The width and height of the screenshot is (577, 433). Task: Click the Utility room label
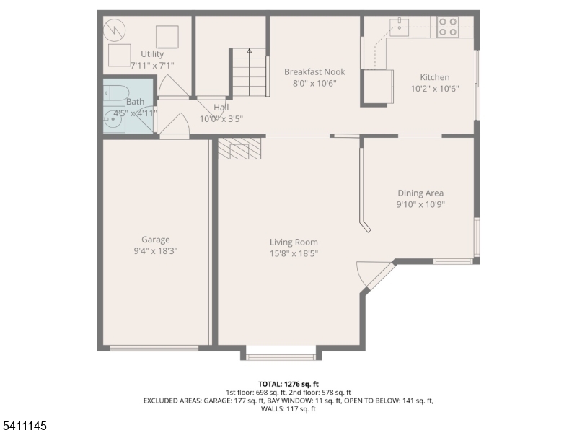click(x=152, y=54)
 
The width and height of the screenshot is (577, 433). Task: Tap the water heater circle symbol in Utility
click(x=115, y=30)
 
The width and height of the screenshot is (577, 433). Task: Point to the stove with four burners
click(x=447, y=27)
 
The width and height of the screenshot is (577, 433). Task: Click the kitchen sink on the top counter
click(x=400, y=27)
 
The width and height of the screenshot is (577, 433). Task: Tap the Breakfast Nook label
click(x=314, y=72)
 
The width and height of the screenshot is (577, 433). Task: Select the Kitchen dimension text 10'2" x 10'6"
click(x=434, y=89)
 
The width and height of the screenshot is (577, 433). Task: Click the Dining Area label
click(x=420, y=193)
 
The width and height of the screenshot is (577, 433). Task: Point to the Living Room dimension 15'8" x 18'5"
click(x=294, y=253)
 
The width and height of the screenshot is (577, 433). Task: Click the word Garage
click(x=155, y=240)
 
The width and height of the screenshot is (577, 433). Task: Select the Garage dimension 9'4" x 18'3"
click(x=155, y=250)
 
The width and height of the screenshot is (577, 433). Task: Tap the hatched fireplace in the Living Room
click(x=239, y=149)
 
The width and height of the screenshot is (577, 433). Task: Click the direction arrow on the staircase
click(x=250, y=51)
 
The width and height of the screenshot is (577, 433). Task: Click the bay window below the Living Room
click(x=281, y=355)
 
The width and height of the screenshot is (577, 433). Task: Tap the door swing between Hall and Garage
click(x=175, y=126)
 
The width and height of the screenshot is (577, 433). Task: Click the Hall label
click(x=221, y=108)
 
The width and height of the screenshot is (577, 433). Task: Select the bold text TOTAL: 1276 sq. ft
click(x=288, y=383)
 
